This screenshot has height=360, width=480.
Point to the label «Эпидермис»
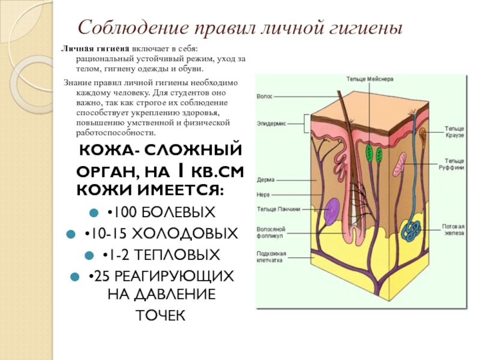(x=272, y=123)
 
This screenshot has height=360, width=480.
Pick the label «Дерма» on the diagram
(x=266, y=179)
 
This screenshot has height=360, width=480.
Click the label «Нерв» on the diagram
(x=263, y=193)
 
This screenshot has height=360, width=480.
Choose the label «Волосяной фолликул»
(x=270, y=232)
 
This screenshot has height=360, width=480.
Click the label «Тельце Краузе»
(x=454, y=131)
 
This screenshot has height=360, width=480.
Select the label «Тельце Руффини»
(x=454, y=164)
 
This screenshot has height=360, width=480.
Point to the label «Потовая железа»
(x=454, y=230)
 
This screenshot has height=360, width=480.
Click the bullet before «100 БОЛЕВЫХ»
(x=94, y=213)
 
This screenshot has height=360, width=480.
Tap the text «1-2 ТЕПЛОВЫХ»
(x=163, y=254)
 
